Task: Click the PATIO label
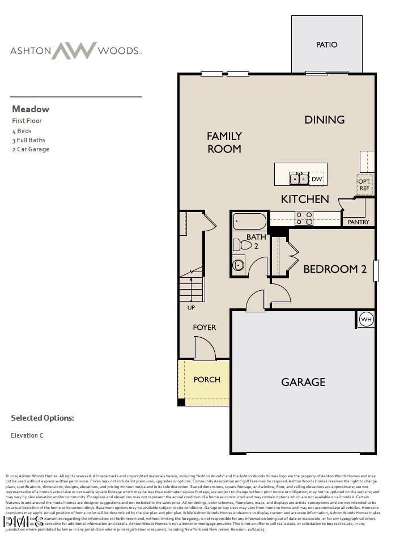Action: (x=326, y=44)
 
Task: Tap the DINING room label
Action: (x=325, y=120)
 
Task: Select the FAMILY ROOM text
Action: (x=224, y=142)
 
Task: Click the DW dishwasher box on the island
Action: (x=317, y=179)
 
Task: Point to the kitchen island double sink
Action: (x=299, y=179)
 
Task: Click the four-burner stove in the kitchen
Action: (x=304, y=218)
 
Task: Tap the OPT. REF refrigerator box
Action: (x=364, y=185)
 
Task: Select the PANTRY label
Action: (x=358, y=222)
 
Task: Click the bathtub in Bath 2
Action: (x=249, y=221)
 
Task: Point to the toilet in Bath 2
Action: (x=243, y=245)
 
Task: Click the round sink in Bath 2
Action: (x=239, y=265)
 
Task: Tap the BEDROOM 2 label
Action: (x=334, y=269)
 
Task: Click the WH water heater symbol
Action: (x=365, y=319)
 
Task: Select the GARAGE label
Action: (x=303, y=382)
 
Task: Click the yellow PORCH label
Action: (x=207, y=379)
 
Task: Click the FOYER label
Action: (x=204, y=327)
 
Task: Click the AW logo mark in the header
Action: (x=74, y=50)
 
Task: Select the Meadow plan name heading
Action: (x=30, y=109)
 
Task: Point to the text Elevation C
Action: (x=27, y=435)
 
